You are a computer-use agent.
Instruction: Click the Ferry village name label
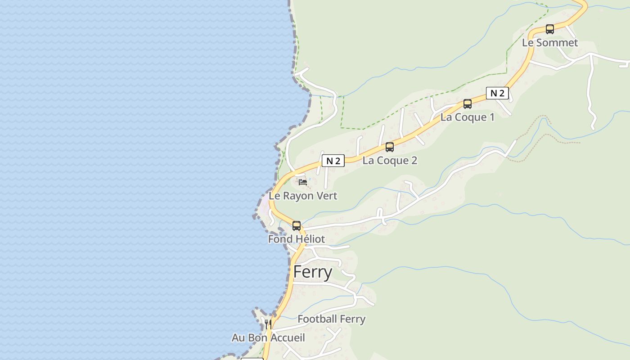coord(313,272)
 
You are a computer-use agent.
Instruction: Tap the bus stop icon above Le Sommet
coord(550,29)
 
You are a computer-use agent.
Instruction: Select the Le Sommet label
coord(550,43)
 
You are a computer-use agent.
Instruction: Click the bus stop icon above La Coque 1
coord(468,104)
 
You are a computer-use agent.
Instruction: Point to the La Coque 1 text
coord(468,117)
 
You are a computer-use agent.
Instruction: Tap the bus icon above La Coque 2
coord(390,147)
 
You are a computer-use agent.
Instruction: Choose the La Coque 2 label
coord(390,161)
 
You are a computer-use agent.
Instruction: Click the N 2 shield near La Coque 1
coord(497,93)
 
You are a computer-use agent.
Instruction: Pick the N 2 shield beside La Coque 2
coord(333,161)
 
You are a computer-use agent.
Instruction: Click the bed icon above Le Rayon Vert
coord(303,182)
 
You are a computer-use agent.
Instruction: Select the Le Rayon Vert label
coord(303,196)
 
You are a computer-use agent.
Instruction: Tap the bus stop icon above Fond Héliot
coord(297,226)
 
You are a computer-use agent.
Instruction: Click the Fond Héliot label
coord(296,239)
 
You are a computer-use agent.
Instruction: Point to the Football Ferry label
coord(331,319)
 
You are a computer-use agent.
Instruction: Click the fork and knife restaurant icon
coord(268,324)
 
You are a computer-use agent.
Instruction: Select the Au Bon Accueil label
coord(268,338)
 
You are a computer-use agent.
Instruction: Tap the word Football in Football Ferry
coord(317,319)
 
